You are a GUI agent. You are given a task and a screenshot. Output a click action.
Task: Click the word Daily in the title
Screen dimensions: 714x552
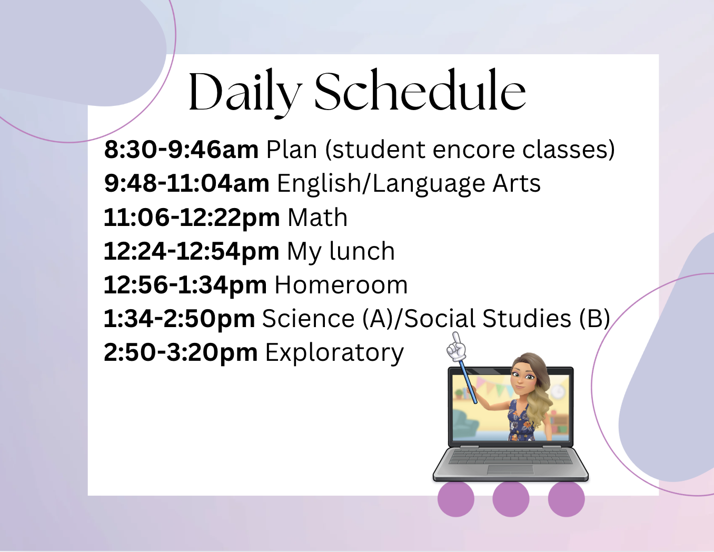245,93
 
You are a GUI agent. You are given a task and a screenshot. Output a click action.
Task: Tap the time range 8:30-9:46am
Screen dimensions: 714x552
181,150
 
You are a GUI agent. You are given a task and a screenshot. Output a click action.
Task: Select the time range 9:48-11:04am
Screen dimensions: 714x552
186,183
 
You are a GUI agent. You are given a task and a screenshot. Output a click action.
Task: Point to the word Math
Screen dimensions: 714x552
318,217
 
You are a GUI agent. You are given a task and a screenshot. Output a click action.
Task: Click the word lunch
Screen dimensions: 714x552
362,251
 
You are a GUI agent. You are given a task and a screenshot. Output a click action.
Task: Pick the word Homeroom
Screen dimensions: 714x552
341,285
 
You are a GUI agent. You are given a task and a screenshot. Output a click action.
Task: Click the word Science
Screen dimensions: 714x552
308,319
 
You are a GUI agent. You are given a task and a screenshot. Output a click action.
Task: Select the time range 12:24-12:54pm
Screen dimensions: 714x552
192,251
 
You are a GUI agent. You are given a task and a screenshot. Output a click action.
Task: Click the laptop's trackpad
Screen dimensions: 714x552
510,470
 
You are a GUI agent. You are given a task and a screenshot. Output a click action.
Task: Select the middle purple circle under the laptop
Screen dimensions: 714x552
511,499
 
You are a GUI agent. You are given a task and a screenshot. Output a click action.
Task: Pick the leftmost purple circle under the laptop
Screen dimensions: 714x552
456,499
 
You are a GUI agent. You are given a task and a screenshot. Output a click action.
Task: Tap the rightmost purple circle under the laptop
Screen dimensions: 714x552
566,499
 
